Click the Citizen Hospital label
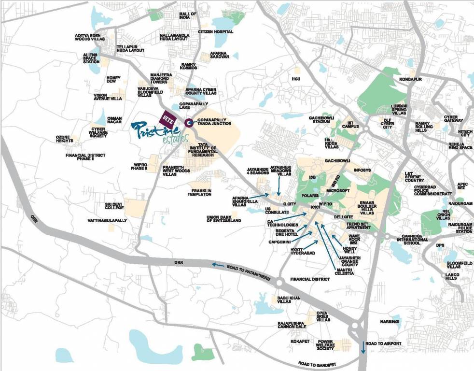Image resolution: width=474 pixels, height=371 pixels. [215, 32]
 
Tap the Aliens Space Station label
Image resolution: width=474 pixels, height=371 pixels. [91, 58]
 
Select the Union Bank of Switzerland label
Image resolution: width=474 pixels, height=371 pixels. [223, 218]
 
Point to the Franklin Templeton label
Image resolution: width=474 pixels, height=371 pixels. [201, 192]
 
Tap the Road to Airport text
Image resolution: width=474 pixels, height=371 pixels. [383, 343]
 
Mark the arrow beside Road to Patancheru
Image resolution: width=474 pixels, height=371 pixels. [218, 265]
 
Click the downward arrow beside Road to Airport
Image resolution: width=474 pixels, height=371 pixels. [362, 346]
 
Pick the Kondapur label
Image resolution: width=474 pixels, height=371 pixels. [410, 79]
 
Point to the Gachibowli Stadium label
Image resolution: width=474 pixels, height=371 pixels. [322, 120]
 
